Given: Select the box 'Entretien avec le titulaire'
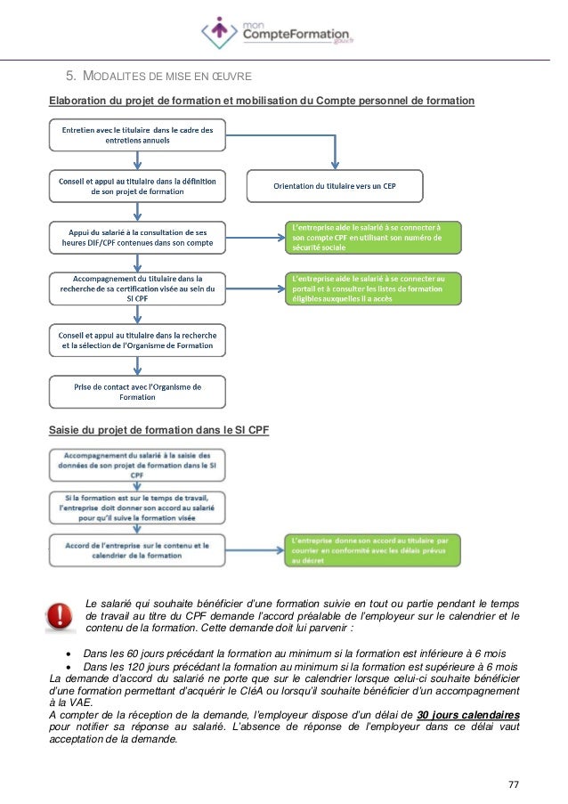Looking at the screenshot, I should pos(136,135).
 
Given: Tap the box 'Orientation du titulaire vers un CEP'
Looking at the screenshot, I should pos(334,185).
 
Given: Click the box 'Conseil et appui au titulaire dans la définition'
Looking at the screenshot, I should pos(136,185).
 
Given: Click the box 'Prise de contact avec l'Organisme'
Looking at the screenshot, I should pos(136,392).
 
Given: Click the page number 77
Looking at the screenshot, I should pos(513,784).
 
